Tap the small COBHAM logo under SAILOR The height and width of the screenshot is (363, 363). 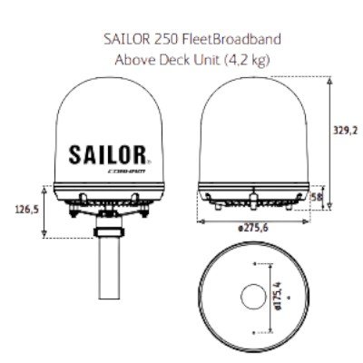pos(136,168)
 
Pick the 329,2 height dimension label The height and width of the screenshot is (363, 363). pos(348,131)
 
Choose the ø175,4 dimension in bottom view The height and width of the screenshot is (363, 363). pos(279,297)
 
